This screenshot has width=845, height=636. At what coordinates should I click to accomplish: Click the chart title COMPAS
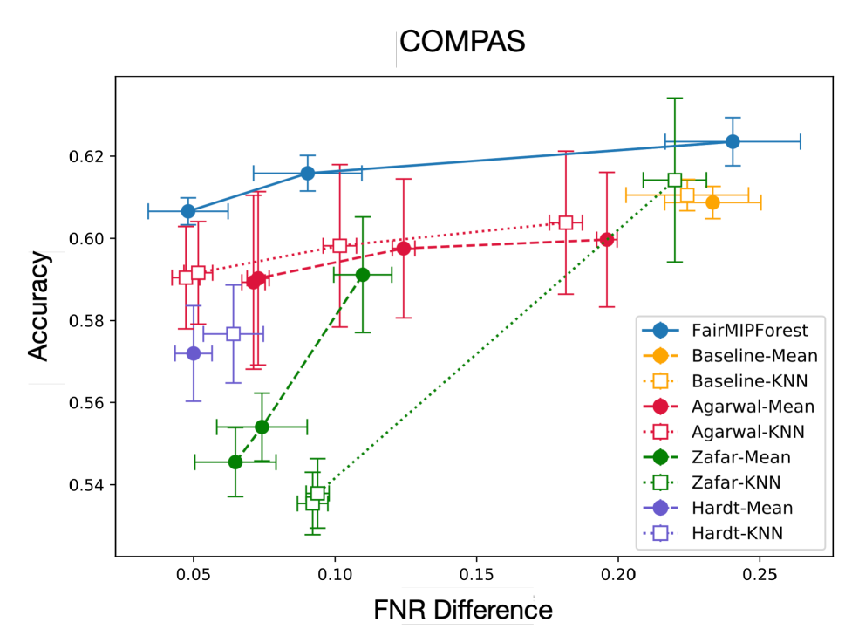462,43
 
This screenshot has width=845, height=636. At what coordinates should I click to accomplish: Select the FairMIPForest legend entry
749,331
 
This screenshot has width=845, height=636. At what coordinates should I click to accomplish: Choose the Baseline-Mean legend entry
754,356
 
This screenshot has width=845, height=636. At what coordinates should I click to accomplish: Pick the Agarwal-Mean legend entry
753,407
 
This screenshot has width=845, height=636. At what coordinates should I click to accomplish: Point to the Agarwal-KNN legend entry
747,432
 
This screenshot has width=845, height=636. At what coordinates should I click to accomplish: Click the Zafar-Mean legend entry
740,457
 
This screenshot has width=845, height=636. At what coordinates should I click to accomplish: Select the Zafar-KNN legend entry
735,482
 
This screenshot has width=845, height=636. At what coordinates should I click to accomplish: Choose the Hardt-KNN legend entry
737,533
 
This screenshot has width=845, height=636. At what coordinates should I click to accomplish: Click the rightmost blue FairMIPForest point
733,141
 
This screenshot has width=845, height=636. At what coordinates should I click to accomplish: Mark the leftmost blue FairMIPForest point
188,211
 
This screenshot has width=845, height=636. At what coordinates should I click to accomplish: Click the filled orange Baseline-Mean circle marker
712,202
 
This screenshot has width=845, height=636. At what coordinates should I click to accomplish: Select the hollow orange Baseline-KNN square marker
687,195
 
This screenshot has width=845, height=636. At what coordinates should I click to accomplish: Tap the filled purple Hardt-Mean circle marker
194,353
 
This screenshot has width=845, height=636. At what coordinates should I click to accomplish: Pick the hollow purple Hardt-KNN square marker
233,333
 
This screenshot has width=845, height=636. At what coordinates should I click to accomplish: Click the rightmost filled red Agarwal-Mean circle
607,239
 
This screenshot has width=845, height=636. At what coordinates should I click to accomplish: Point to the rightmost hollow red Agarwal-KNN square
565,222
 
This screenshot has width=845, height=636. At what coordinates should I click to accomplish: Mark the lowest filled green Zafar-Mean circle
235,462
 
